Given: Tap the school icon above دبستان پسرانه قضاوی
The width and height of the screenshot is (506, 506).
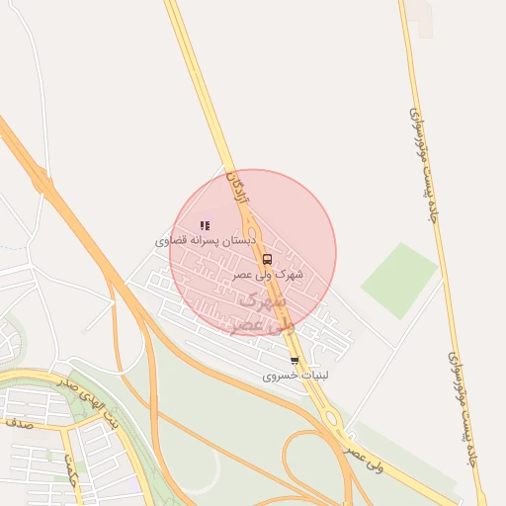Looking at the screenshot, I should [205, 225].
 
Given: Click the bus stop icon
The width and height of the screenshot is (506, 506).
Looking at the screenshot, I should [267, 259].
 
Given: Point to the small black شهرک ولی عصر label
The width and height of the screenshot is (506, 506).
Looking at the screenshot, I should [269, 274].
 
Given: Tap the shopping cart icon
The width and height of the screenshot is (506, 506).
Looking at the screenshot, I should [295, 361].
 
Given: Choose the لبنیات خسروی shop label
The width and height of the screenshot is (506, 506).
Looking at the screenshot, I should [295, 377].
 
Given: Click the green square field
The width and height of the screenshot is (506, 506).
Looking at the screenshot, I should [398, 281].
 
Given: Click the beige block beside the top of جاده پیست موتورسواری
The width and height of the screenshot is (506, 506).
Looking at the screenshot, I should [424, 20].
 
